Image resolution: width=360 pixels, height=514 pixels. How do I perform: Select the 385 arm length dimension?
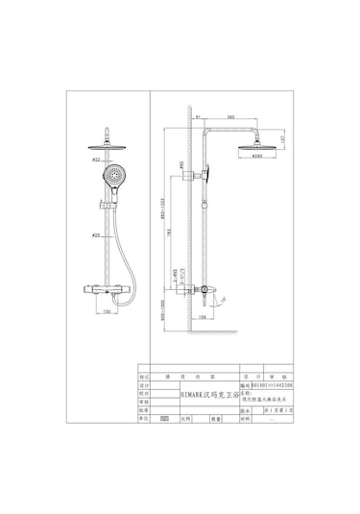click(229, 117)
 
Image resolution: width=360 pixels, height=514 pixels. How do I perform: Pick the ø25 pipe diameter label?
click(96, 235)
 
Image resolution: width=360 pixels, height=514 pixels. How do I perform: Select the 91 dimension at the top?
click(196, 117)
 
